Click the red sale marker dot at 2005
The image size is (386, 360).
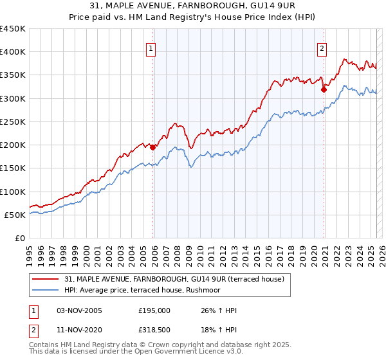(x=153, y=147)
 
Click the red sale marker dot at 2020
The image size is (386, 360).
(x=324, y=90)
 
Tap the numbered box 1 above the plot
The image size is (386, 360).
(x=151, y=48)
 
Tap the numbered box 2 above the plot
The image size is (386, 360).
(x=322, y=48)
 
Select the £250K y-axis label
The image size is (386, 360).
(x=13, y=122)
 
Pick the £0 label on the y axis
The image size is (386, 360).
(x=19, y=239)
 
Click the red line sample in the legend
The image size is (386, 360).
(x=46, y=278)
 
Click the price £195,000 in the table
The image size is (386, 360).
(x=154, y=310)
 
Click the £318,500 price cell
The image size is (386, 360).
(x=154, y=330)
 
